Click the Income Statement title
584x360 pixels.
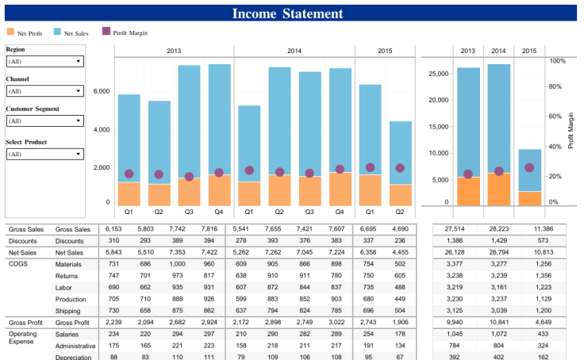coord(287,13)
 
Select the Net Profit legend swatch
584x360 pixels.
coord(10,32)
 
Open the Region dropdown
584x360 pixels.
coord(44,61)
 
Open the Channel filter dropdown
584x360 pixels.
coord(44,91)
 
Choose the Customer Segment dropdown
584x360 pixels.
coord(44,121)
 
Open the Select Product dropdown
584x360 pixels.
coord(44,154)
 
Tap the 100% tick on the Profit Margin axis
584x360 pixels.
coord(557,60)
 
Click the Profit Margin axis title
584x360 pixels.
coord(571,131)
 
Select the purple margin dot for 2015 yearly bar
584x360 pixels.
coord(529,167)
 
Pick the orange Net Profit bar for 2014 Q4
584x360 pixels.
coord(340,189)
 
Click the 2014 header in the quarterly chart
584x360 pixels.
coord(294,51)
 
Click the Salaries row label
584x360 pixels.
coord(68,335)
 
